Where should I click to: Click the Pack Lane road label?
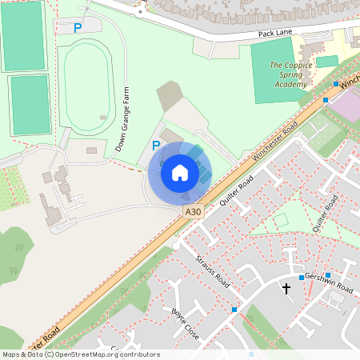[x=277, y=34]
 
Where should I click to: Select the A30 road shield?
[x=192, y=212]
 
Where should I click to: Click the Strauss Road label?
[x=212, y=273]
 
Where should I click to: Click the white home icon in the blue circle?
[x=180, y=172]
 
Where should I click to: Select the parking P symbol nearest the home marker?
[x=156, y=146]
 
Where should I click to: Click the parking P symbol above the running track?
[x=78, y=28]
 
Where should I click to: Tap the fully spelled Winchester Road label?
[x=276, y=142]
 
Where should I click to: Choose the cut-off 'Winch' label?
[x=350, y=82]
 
